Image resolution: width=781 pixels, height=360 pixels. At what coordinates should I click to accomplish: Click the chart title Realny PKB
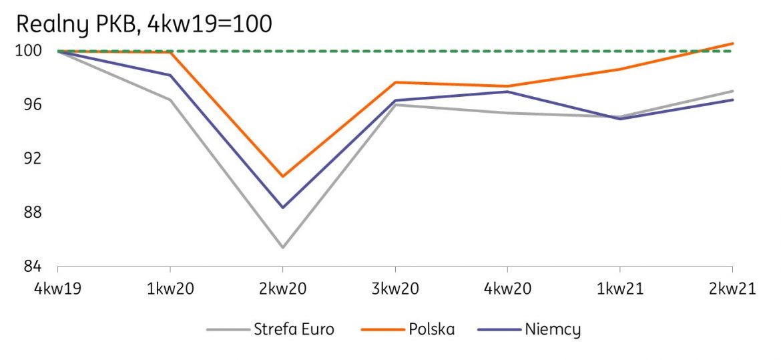144,24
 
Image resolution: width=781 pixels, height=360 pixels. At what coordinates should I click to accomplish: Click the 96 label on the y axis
31,105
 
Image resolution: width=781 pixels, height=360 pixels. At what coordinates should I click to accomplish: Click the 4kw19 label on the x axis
57,289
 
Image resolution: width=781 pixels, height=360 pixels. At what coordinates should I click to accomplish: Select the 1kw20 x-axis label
170,289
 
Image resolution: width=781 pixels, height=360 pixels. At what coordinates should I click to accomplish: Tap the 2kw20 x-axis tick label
282,289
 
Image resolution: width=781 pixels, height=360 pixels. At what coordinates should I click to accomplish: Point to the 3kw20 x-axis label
395,289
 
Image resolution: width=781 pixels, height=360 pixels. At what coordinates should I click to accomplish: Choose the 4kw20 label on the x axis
508,289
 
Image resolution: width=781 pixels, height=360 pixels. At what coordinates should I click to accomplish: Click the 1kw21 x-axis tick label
620,289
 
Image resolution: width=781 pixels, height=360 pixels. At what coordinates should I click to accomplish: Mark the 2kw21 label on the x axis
733,289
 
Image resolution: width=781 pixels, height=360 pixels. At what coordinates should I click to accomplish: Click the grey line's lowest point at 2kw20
282,248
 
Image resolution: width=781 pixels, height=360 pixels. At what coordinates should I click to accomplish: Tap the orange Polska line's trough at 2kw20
282,177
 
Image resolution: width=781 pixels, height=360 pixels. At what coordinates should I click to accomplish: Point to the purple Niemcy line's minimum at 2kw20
282,208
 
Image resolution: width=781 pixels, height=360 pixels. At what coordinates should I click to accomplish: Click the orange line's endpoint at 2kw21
733,43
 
